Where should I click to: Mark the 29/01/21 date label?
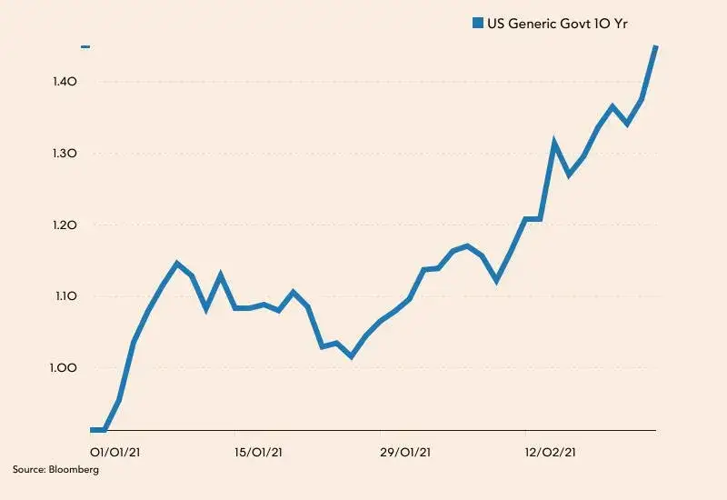(x=406, y=450)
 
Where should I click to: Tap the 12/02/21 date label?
(x=551, y=450)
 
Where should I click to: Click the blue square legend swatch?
(x=477, y=23)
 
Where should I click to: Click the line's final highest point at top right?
(x=656, y=46)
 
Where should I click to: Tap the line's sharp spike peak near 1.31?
(x=554, y=143)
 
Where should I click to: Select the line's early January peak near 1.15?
(x=177, y=264)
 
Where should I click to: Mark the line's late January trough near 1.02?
(x=351, y=355)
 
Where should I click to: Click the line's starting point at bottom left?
(x=94, y=430)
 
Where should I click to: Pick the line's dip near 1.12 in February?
(x=496, y=279)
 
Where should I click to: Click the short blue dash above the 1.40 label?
(x=85, y=46)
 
